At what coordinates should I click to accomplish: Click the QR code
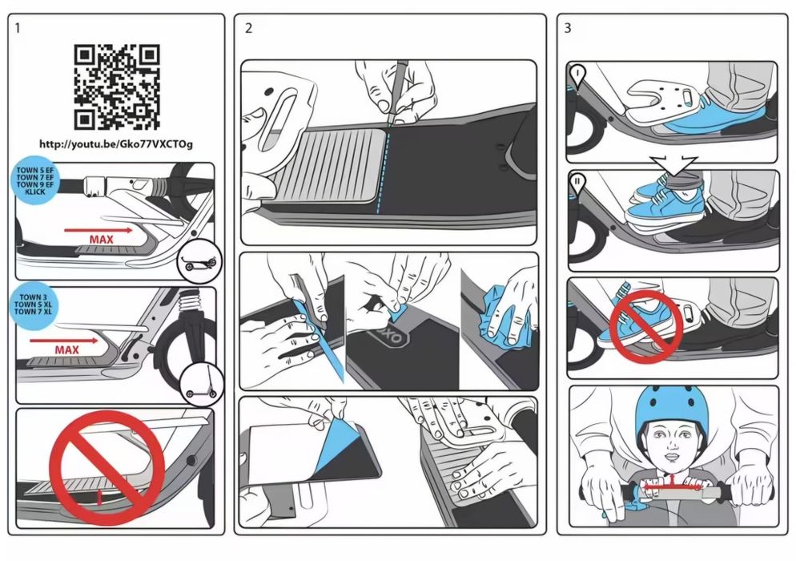click(x=117, y=87)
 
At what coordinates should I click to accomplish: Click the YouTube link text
click(x=116, y=144)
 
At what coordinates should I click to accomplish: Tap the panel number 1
click(x=18, y=29)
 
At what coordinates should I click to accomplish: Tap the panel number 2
click(x=248, y=29)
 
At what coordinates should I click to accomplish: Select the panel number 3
click(x=568, y=29)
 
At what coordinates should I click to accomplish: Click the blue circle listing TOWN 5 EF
click(x=34, y=181)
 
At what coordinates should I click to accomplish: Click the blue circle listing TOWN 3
click(x=33, y=305)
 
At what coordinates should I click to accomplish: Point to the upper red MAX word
click(x=102, y=240)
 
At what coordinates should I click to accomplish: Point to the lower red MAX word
click(x=67, y=349)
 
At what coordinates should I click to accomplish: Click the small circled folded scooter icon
click(x=199, y=261)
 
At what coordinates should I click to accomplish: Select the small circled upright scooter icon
click(x=202, y=385)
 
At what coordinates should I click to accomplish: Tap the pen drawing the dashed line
click(x=397, y=92)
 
